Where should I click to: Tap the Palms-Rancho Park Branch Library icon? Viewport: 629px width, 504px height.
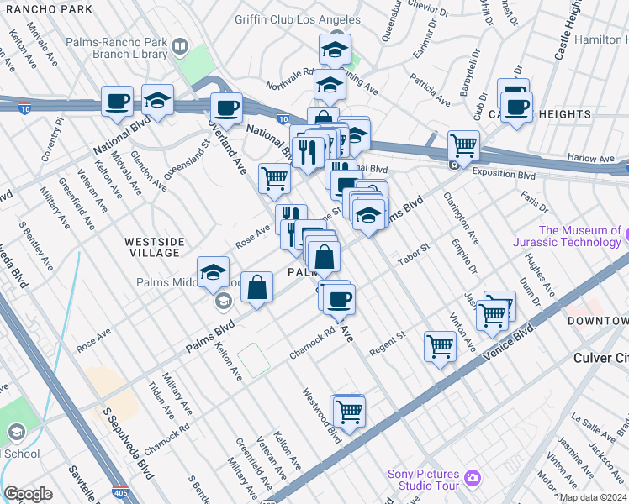(x=179, y=45)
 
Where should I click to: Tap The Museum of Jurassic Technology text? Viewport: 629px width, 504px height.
(x=580, y=236)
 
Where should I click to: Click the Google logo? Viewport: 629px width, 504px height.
(x=28, y=494)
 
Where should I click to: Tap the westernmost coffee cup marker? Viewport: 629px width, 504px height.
(x=117, y=102)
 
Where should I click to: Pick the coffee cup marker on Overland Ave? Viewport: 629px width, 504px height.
(x=225, y=108)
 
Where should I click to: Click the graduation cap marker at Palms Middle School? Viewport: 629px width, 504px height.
(x=214, y=272)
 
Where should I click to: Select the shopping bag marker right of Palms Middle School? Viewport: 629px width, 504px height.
(x=257, y=286)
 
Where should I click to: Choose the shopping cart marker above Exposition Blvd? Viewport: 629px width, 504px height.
(x=462, y=145)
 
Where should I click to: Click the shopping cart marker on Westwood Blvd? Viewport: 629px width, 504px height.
(x=349, y=412)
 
